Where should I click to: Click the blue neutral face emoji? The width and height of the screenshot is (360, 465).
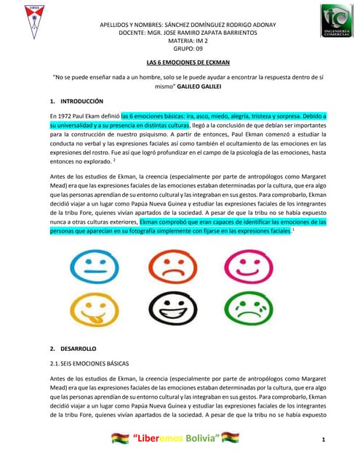coord(95,268)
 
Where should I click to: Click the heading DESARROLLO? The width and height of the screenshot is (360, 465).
coord(77,350)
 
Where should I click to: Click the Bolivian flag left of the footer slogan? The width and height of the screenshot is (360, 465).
coord(119,438)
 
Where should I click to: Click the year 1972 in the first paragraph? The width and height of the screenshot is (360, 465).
coord(68,116)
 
